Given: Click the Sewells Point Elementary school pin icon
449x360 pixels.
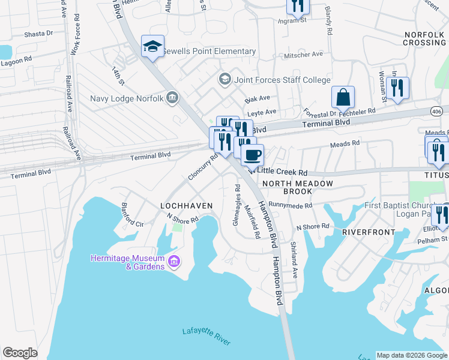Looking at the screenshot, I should coord(152,46).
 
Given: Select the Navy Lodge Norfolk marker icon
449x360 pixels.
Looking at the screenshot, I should coord(173,98).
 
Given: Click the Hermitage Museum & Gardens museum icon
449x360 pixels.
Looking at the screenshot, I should coord(174,261).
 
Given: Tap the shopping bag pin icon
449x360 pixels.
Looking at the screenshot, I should coord(343,97).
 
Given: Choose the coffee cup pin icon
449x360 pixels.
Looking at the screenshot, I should coord(252,155).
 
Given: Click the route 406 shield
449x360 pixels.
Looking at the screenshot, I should coord(438,111).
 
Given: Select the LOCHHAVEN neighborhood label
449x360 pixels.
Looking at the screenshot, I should coord(187,206).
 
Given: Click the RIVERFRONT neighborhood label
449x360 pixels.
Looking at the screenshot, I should coord(369,232).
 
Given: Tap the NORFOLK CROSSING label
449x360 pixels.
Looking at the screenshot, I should coord(424,39).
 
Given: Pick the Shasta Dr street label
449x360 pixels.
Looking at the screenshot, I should coord(39,34).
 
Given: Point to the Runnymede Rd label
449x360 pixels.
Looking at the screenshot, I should coord(291,205).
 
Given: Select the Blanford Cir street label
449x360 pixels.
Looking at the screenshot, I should coord(133,217).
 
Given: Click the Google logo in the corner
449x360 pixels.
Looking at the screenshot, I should coord(20,353).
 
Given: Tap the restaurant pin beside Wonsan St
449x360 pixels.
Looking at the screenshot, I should coord(397,88).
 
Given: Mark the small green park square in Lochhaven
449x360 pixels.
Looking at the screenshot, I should coord(176,227).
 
